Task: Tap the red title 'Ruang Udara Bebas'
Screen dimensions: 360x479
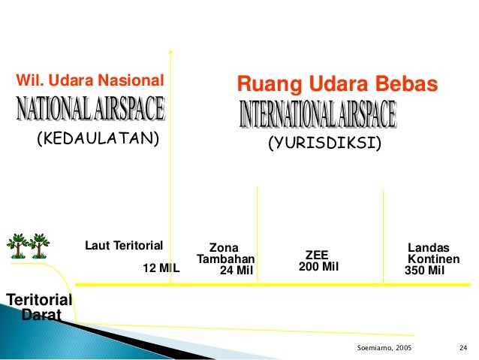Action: click(336, 84)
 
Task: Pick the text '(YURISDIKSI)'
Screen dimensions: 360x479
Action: click(325, 143)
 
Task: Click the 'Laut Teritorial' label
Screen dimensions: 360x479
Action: click(124, 245)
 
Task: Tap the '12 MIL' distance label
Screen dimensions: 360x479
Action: click(161, 267)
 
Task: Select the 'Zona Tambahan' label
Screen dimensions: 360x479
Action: click(225, 253)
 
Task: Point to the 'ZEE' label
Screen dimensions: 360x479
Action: click(317, 255)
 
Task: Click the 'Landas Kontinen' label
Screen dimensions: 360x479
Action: click(432, 253)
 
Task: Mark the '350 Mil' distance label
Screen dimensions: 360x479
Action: click(425, 271)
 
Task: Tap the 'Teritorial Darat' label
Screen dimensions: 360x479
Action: click(39, 307)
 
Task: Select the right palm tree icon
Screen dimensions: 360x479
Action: click(39, 245)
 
